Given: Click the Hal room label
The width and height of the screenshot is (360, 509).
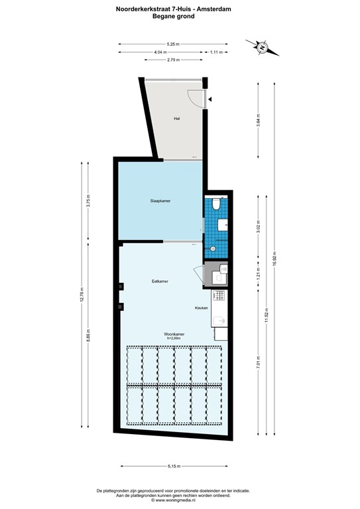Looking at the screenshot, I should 176,119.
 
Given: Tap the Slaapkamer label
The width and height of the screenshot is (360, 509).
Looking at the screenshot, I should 160,200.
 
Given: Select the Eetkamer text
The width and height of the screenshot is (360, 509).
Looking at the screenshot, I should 160,281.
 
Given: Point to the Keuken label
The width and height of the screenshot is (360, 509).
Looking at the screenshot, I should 202,308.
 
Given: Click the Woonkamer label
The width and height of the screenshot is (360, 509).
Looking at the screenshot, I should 174,334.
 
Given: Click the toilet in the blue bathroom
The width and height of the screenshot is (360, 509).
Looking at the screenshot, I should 216,203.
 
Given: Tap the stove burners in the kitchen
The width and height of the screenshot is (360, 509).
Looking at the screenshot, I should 220,295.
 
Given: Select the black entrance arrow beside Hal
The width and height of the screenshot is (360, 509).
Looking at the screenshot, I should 210,99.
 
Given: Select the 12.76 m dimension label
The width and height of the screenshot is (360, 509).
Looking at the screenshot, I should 82,294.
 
